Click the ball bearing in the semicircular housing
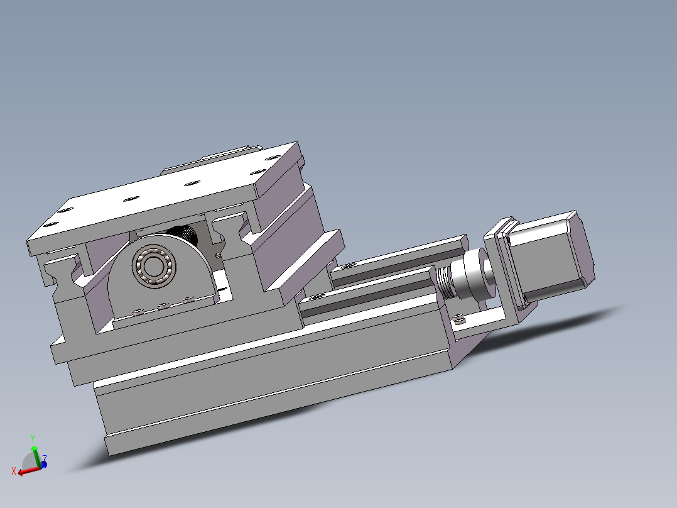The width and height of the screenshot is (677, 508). [x=154, y=267]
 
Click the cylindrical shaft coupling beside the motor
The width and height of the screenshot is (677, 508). [x=474, y=275]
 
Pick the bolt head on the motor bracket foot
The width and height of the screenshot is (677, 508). [x=459, y=320]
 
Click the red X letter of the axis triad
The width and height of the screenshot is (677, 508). [x=14, y=472]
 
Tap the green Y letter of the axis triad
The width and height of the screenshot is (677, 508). [x=33, y=439]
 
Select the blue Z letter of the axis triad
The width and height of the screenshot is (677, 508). [x=45, y=458]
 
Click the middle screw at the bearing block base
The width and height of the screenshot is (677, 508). [x=163, y=306]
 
